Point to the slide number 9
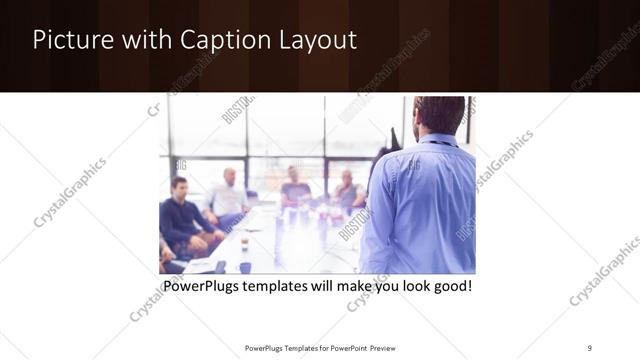590,347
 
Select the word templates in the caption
283,287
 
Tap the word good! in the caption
449,287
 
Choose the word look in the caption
408,287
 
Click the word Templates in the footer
294,347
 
